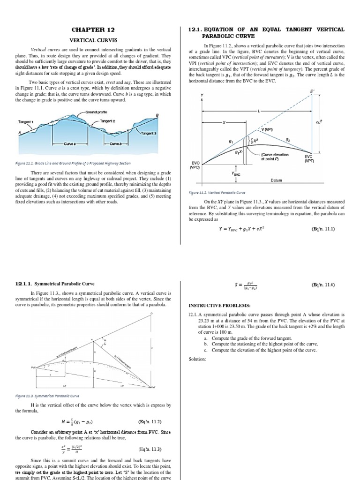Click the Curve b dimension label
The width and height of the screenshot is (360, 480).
coord(115,144)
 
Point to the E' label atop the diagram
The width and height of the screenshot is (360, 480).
coord(313,90)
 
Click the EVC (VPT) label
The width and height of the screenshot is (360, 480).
coord(308,159)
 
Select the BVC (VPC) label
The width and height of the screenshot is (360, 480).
coord(196,165)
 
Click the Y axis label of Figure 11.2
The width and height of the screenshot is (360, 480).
coord(202,96)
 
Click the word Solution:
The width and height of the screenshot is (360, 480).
coord(197,359)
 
